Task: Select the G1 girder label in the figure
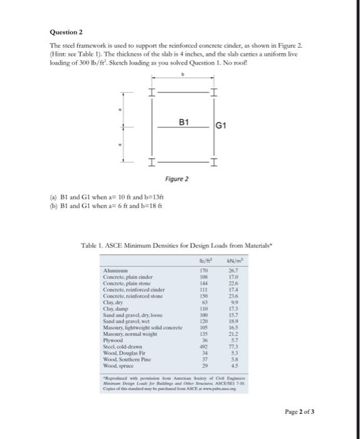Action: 220,128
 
